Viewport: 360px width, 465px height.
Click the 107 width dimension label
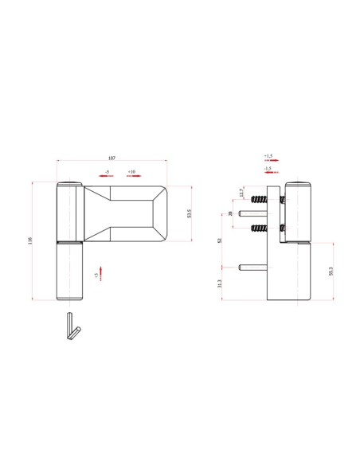point(112,158)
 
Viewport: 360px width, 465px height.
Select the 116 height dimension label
point(29,240)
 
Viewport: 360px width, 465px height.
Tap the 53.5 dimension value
point(190,213)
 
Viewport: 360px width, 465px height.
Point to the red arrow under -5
point(106,176)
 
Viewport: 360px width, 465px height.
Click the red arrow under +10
point(134,176)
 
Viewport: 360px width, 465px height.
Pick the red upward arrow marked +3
point(101,273)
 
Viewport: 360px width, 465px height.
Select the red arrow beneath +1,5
point(272,160)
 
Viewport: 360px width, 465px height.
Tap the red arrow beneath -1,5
point(272,172)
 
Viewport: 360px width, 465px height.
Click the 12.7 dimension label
point(241,193)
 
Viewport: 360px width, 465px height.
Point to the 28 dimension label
point(230,213)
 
